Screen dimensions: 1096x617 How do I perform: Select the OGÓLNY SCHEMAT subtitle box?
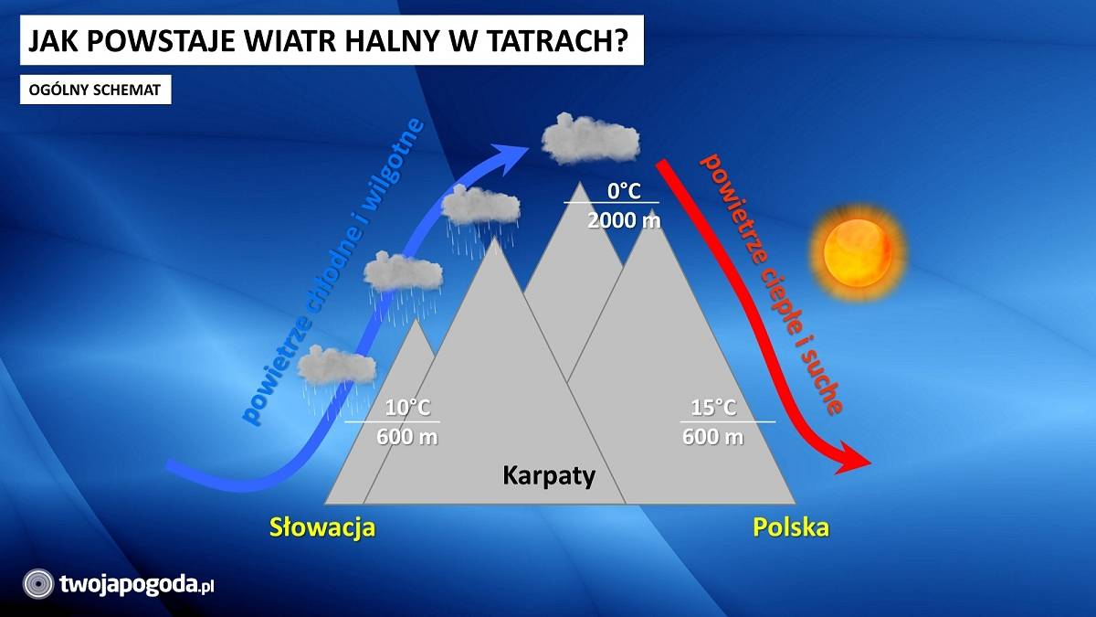pos(95,90)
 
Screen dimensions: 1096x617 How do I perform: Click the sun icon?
pos(858,252)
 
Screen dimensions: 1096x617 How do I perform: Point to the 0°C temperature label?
pos(624,191)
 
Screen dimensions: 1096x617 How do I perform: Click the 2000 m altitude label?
pos(624,221)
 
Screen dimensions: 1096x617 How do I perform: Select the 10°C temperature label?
pos(407,408)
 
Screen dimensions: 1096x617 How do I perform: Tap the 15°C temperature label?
pos(713,408)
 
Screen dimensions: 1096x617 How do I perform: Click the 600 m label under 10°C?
pos(407,437)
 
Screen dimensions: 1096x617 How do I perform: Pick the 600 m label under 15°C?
pos(713,437)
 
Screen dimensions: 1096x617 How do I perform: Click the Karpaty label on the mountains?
pos(549,476)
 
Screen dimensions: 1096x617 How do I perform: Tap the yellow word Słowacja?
pos(322,527)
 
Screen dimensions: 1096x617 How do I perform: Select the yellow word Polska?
pos(791,527)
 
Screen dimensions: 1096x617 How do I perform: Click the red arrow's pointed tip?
pos(871,463)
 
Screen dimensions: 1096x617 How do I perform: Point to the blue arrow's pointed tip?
pos(530,148)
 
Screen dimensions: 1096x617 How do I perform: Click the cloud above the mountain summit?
pos(590,139)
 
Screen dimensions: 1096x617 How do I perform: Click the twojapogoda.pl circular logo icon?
pos(38,584)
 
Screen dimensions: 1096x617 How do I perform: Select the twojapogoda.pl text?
pos(137,585)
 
